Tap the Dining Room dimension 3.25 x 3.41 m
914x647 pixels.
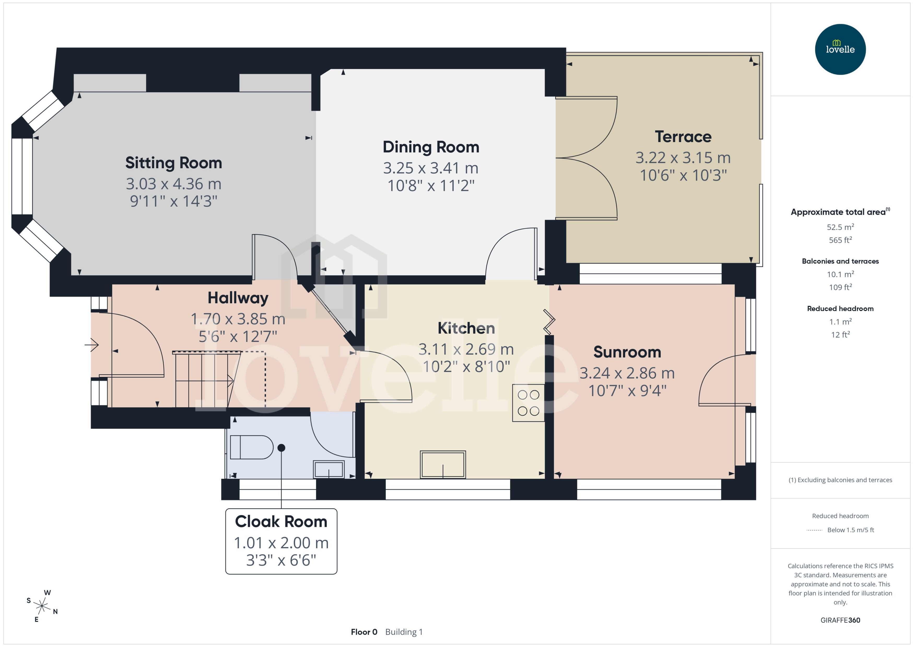pos(431,168)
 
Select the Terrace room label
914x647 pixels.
pos(683,137)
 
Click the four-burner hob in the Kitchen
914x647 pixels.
pos(528,402)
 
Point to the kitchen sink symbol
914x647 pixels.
pos(442,464)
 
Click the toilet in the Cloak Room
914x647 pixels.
pos(251,447)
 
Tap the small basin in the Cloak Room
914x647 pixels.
pos(329,469)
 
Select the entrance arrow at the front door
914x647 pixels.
pos(92,344)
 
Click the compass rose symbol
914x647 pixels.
pos(42,606)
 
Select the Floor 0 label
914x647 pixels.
pos(364,632)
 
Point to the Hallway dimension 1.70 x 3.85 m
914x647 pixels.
pos(238,319)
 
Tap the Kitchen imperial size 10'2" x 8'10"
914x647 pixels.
pos(466,366)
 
